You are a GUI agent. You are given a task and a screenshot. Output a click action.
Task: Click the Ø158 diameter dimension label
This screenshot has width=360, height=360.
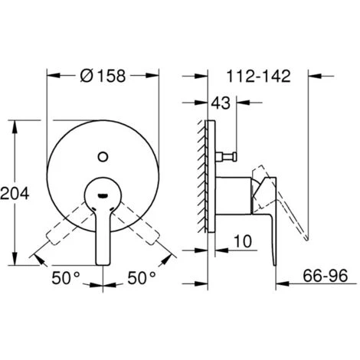pyautogui.click(x=103, y=76)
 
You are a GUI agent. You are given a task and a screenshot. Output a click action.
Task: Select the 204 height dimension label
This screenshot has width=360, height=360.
pyautogui.click(x=15, y=193)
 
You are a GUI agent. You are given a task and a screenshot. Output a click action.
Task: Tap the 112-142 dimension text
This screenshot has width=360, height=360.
pyautogui.click(x=259, y=76)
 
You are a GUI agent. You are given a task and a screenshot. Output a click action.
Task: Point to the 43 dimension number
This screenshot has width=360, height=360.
pyautogui.click(x=221, y=103)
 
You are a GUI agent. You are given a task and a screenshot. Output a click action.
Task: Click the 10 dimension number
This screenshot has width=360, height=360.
pyautogui.click(x=243, y=241)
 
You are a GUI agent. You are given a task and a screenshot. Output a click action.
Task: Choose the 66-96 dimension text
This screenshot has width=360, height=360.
pyautogui.click(x=326, y=275)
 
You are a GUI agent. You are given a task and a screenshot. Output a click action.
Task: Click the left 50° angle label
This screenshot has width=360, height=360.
pyautogui.click(x=66, y=278)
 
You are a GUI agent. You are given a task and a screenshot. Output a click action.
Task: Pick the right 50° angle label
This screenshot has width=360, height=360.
pyautogui.click(x=142, y=278)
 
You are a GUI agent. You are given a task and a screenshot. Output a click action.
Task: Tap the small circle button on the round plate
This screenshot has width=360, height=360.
pyautogui.click(x=103, y=156)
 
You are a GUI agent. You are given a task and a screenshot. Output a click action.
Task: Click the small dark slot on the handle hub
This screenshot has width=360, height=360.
pyautogui.click(x=103, y=196)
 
